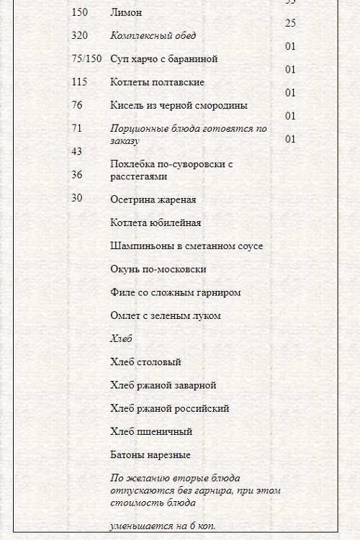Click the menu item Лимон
126,12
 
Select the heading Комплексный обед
153,35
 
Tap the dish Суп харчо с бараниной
164,58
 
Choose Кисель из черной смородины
179,105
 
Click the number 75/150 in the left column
86,58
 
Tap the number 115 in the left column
79,82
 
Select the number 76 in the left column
77,105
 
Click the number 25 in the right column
290,24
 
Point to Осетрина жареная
153,199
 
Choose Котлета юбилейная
156,222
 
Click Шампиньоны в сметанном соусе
186,246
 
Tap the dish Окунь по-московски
158,269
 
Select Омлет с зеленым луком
166,315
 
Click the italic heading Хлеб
122,338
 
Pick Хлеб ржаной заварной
163,385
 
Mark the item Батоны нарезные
150,455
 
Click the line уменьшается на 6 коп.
163,526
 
